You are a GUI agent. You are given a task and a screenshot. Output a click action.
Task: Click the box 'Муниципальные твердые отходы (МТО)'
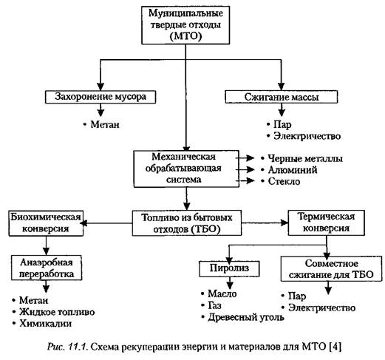point(185,25)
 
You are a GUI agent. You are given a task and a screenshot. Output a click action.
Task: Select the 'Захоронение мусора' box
point(100,97)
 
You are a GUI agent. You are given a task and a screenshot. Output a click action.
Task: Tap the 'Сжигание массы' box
point(282,97)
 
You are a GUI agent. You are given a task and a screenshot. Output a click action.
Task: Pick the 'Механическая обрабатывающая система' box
point(186,169)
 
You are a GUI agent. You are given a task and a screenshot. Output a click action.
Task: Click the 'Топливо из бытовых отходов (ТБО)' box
point(187,223)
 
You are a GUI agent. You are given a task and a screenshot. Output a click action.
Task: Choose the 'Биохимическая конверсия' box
point(46,223)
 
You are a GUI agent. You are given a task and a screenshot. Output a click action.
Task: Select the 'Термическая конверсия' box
point(327,223)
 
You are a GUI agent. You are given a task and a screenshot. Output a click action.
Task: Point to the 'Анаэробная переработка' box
point(47,268)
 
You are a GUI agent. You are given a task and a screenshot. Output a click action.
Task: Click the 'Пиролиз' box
point(229,269)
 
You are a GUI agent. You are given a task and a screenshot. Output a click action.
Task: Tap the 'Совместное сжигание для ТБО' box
point(331,269)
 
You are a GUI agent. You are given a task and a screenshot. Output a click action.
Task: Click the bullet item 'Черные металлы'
point(302,158)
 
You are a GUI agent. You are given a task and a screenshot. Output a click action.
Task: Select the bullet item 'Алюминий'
point(289,170)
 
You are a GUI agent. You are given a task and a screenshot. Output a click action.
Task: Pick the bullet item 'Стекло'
point(281,181)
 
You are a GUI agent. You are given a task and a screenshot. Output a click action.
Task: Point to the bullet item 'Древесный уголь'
point(243,317)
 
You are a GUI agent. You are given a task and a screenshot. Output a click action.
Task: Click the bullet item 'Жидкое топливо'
point(54,312)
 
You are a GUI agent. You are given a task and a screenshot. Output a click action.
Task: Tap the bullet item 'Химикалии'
point(42,323)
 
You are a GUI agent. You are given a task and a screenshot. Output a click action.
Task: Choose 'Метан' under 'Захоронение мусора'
point(101,124)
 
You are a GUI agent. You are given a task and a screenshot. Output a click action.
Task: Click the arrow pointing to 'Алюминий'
point(245,169)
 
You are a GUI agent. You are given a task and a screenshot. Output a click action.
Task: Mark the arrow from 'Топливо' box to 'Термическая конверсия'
point(265,223)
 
